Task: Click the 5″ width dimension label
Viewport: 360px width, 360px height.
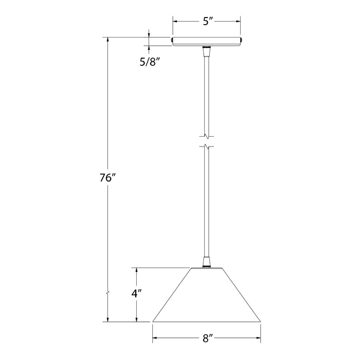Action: [x=207, y=22]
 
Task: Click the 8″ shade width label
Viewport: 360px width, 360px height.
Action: [x=207, y=338]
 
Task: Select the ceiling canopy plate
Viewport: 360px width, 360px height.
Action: [x=207, y=41]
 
